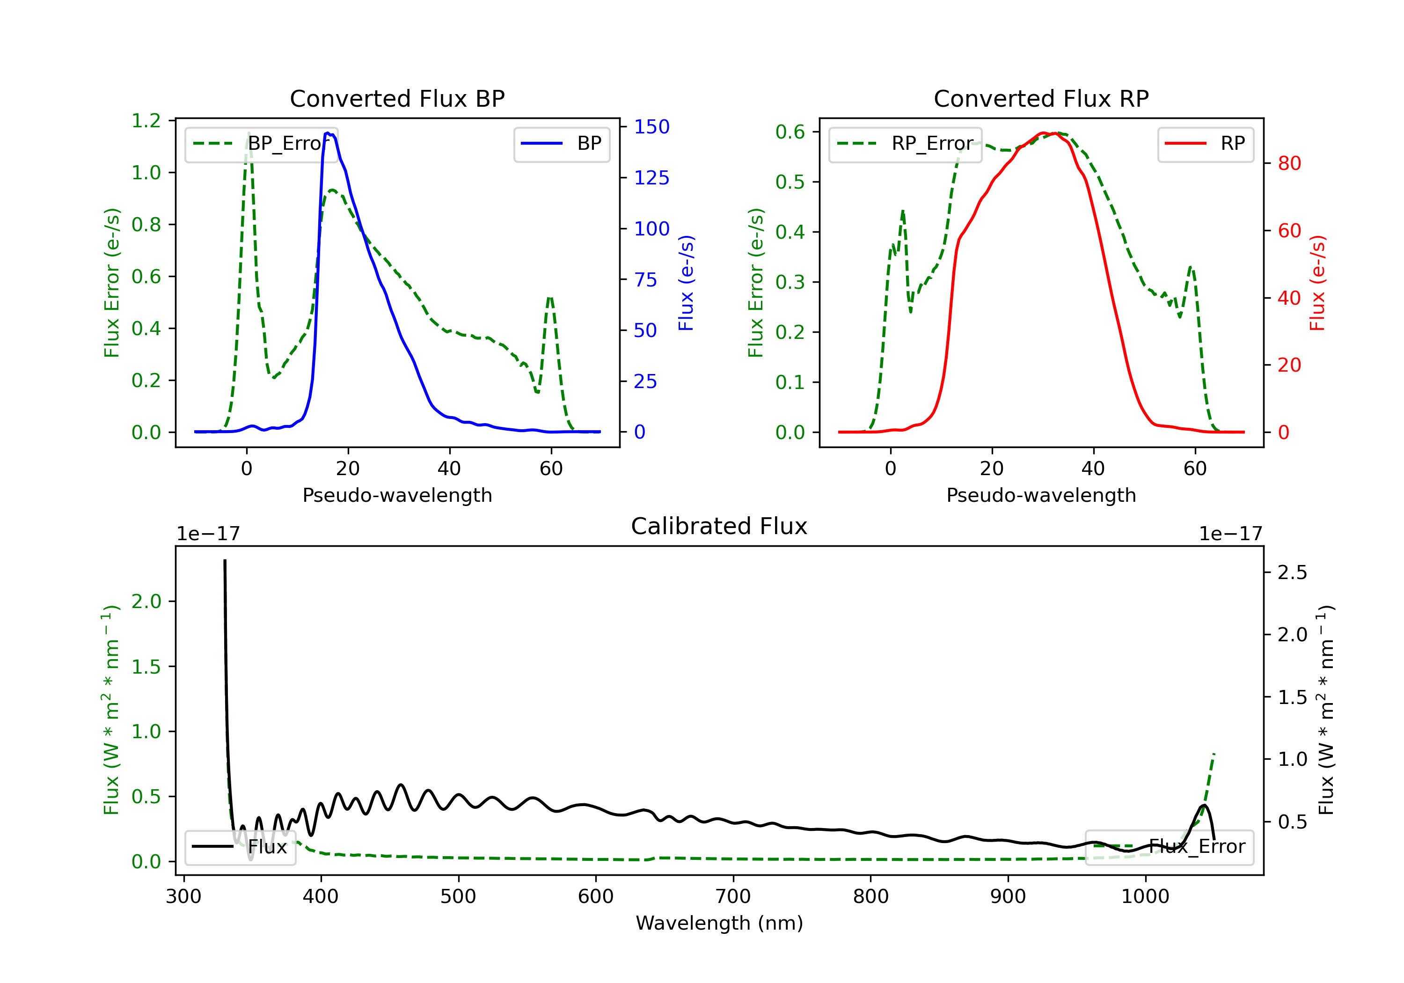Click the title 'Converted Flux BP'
click(397, 98)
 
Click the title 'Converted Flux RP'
click(1041, 98)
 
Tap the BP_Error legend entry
click(261, 144)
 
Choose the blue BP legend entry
click(561, 144)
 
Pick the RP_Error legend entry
click(905, 144)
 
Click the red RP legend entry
click(1205, 144)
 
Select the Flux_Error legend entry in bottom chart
click(1169, 847)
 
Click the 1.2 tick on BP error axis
click(146, 120)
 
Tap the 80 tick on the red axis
click(1289, 163)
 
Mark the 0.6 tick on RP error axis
click(790, 132)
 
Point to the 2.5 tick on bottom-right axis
click(1292, 572)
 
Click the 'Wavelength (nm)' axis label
click(719, 923)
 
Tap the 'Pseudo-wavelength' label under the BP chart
click(397, 495)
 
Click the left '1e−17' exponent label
click(208, 534)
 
